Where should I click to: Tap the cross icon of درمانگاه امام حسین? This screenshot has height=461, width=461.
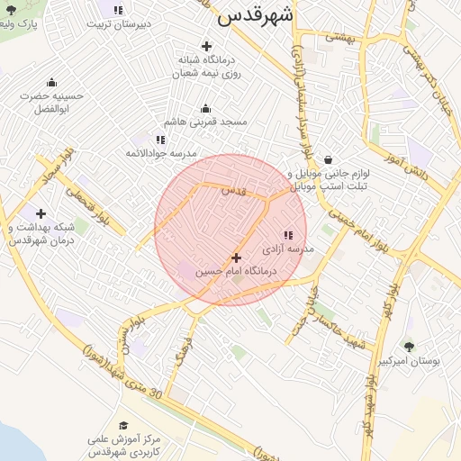pos(237,258)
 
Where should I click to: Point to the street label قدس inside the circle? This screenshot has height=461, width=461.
pos(234,190)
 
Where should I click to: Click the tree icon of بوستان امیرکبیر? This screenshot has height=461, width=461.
pos(410,346)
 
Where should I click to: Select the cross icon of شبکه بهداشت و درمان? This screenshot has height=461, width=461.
pos(41,213)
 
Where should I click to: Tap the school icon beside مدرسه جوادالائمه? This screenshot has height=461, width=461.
pos(160,140)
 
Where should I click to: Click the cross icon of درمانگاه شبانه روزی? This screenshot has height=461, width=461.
pos(207,46)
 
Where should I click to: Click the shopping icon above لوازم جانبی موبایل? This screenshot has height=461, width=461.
pos(328,159)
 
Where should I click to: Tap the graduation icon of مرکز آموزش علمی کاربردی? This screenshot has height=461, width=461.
pos(123,426)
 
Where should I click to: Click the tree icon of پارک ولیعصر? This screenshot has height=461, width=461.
pos(11,10)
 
